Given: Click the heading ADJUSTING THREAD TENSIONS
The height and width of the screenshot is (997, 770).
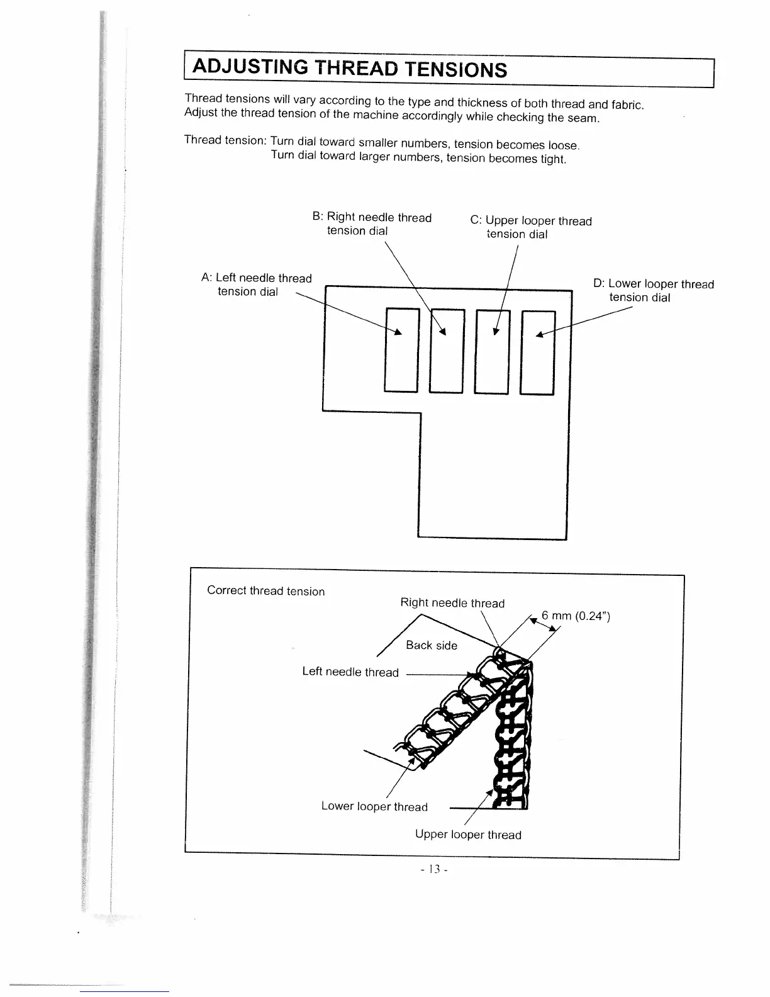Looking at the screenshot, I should click(349, 67).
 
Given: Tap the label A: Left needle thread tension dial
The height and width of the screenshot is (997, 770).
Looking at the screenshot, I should click(256, 284).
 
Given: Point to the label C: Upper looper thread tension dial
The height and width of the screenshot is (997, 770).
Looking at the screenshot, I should click(531, 227).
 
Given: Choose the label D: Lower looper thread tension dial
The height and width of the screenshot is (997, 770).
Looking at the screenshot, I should click(654, 291).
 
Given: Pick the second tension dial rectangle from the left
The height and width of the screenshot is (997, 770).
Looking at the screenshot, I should click(446, 351).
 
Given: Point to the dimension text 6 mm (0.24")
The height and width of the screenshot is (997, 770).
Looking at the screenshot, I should click(576, 616).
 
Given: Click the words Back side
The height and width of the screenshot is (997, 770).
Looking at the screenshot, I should click(432, 645).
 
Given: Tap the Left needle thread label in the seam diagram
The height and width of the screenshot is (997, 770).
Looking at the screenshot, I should click(350, 672).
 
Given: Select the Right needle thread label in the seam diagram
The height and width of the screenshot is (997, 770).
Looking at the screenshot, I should click(452, 603).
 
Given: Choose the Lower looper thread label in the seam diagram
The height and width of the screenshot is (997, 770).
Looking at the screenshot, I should click(374, 807).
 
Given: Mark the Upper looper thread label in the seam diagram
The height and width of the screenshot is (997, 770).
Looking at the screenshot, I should click(468, 835).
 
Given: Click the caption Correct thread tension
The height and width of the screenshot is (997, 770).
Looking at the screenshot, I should click(266, 591).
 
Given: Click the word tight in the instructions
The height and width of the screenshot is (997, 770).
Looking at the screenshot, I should click(553, 159).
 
